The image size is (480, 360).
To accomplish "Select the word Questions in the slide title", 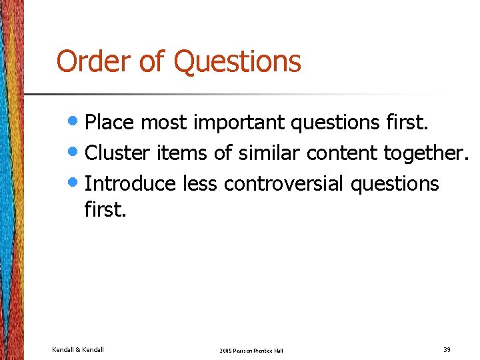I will pyautogui.click(x=237, y=62).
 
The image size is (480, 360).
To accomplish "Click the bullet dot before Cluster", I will pyautogui.click(x=76, y=153).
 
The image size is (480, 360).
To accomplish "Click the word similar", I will pyautogui.click(x=266, y=153).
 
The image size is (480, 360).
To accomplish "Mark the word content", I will pyautogui.click(x=342, y=153).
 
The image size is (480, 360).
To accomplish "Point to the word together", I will pyautogui.click(x=423, y=153).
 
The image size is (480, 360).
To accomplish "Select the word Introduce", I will pyautogui.click(x=130, y=183).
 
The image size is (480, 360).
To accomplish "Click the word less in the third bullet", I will pyautogui.click(x=201, y=183).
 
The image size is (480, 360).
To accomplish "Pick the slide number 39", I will pyautogui.click(x=447, y=349).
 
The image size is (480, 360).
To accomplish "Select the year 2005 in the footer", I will pyautogui.click(x=225, y=350).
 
